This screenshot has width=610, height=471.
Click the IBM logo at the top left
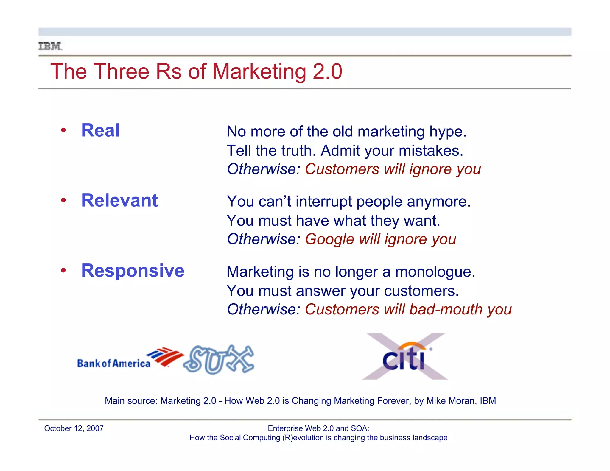50,46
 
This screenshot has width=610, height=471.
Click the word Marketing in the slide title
259,72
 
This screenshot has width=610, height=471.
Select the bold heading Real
100,130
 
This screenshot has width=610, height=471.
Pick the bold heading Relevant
119,200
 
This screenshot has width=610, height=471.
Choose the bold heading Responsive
133,271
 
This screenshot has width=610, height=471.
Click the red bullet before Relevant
63,200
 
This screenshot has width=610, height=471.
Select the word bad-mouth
446,309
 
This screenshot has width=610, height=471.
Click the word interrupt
324,202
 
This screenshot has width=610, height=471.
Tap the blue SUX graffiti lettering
219,359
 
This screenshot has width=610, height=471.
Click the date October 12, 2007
74,428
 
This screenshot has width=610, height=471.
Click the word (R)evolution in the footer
303,438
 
